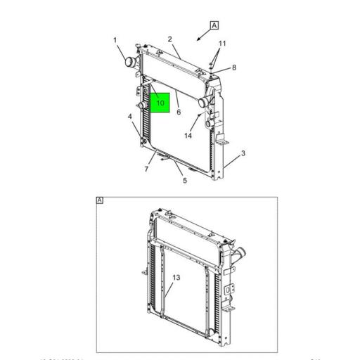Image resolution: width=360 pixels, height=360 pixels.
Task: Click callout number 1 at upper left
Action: [x=115, y=40]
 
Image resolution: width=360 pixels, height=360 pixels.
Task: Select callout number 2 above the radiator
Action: [x=170, y=39]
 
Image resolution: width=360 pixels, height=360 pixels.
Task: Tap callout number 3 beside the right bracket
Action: [x=243, y=153]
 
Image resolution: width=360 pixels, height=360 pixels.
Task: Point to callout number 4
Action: [x=130, y=116]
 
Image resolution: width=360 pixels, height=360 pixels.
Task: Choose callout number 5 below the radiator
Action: [x=185, y=181]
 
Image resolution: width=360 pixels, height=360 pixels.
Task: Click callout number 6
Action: [x=179, y=112]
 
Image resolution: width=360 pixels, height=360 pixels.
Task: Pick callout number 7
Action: [x=146, y=169]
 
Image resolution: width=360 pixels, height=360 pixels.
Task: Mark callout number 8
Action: [x=234, y=67]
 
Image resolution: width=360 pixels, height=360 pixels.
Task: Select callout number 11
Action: [x=222, y=44]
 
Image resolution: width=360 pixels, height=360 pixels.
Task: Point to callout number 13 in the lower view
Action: [x=176, y=278]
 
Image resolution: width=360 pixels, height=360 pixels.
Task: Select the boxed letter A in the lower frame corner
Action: [x=100, y=201]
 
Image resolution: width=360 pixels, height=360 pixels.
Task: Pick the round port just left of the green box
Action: [x=143, y=105]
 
